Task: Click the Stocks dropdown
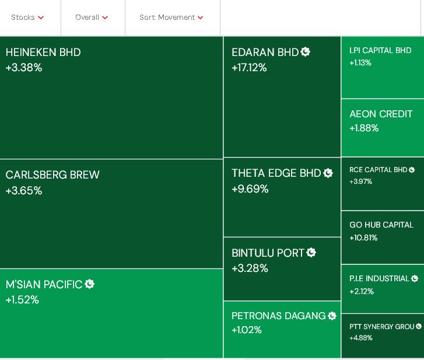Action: [27, 18]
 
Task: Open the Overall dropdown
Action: [92, 18]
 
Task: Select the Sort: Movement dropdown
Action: [171, 18]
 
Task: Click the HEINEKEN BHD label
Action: [43, 53]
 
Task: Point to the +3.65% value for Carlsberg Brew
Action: [24, 191]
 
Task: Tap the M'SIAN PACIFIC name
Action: [44, 285]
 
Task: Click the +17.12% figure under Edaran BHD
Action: [249, 68]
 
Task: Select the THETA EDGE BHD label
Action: [276, 173]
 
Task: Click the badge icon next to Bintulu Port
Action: [311, 253]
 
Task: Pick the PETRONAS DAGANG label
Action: [278, 316]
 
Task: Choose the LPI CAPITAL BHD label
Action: [380, 51]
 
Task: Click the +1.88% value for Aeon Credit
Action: [364, 128]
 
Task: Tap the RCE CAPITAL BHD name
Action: [378, 170]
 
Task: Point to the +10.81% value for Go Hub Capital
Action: [363, 238]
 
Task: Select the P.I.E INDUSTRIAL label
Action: [379, 279]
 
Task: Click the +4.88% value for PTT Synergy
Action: [360, 338]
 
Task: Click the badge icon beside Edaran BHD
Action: [306, 52]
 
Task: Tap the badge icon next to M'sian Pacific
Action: [90, 284]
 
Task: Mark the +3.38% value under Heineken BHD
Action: [24, 68]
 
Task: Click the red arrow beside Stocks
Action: [41, 18]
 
